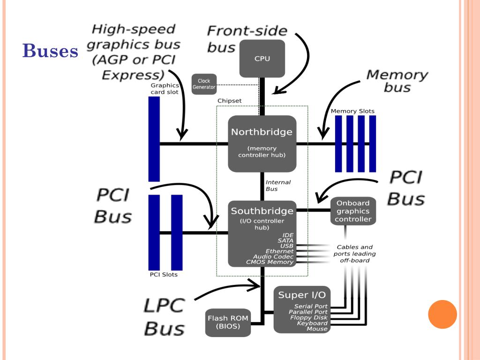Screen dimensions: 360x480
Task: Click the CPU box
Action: click(x=262, y=59)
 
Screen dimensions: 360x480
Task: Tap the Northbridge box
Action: click(x=262, y=143)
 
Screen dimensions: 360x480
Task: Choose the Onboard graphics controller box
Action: click(x=353, y=211)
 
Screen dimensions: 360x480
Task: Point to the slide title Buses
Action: click(x=50, y=51)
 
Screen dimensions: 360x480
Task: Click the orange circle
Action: click(x=442, y=314)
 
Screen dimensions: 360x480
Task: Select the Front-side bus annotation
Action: click(x=247, y=39)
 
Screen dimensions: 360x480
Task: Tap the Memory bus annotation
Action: click(x=397, y=81)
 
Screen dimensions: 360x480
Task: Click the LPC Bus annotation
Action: click(x=164, y=316)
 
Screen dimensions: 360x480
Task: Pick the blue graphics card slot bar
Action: click(x=154, y=139)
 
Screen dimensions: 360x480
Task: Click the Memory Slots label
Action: click(x=352, y=111)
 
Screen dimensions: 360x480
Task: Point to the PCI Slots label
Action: click(x=164, y=274)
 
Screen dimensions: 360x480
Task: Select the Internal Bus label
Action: click(x=278, y=186)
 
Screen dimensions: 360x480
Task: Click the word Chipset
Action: click(x=230, y=101)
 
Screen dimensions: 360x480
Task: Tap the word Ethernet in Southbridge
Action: click(x=279, y=251)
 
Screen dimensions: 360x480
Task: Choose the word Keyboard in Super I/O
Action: click(x=312, y=323)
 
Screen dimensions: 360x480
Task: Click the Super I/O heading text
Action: click(x=302, y=295)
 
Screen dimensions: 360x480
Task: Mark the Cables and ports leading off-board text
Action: click(x=354, y=254)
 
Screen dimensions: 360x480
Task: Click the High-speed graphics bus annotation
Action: click(x=133, y=52)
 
